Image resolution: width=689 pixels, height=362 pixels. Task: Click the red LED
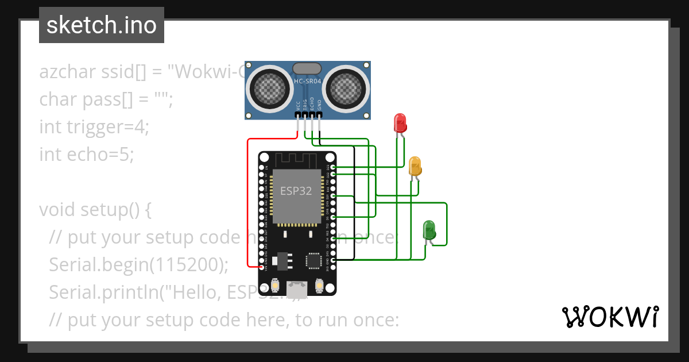click(x=400, y=123)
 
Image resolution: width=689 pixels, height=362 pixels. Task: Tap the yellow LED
click(x=415, y=166)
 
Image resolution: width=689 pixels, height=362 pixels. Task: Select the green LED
click(x=429, y=229)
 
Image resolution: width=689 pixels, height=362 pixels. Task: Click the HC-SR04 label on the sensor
click(x=307, y=82)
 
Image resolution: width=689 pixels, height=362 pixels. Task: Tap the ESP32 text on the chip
click(x=296, y=191)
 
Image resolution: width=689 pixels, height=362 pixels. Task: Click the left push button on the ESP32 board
click(x=276, y=285)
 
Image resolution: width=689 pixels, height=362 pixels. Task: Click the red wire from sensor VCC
click(x=248, y=201)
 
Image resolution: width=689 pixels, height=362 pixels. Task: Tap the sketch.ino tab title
click(x=102, y=25)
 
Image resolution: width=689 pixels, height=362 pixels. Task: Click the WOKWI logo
click(x=610, y=317)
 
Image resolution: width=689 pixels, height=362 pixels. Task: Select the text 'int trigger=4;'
click(x=94, y=126)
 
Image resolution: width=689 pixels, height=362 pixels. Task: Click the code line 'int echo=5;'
click(x=86, y=154)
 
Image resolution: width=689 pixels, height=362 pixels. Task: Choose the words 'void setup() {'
click(x=95, y=210)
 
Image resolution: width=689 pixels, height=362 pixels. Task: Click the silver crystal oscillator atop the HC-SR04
click(x=307, y=68)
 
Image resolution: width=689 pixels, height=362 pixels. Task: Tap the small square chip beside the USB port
click(x=314, y=260)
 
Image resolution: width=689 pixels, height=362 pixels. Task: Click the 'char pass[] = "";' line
click(x=106, y=99)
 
